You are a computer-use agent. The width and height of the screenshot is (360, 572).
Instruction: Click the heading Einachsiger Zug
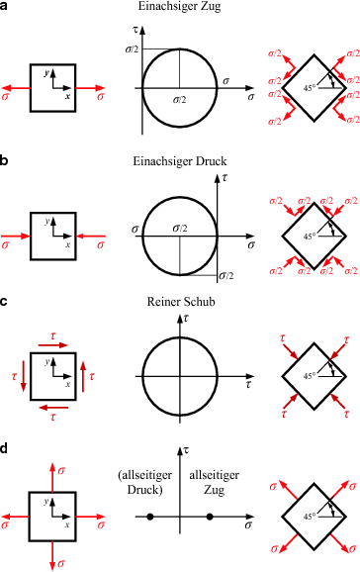(x=179, y=9)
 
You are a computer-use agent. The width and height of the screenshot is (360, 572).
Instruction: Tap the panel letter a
(x=6, y=8)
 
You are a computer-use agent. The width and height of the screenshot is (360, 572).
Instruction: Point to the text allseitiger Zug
(x=212, y=476)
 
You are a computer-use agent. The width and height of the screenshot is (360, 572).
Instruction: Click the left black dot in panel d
(x=149, y=518)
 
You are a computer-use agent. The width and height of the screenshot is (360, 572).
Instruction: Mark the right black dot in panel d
(x=210, y=518)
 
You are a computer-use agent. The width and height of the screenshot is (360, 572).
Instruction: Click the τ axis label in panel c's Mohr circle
(x=186, y=318)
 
